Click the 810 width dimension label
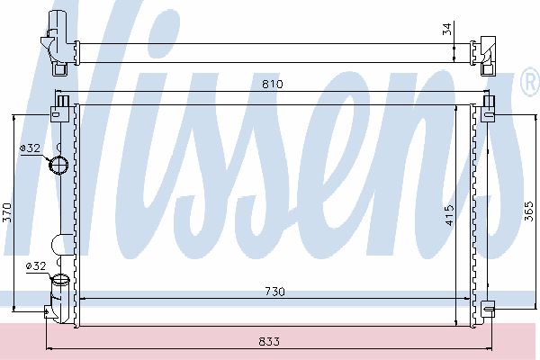tap(272, 84)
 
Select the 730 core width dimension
tap(274, 292)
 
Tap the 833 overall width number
tap(269, 341)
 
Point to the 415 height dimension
tap(449, 215)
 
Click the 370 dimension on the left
tap(7, 212)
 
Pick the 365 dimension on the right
tap(529, 211)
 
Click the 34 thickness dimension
tap(446, 29)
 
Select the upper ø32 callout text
tap(31, 148)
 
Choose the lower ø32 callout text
tap(36, 266)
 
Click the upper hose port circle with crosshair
tap(58, 165)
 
